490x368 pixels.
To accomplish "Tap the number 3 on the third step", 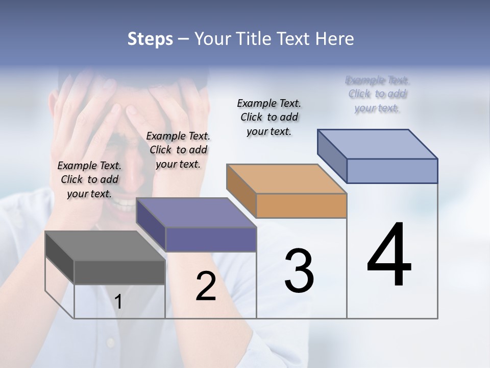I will click(299, 271).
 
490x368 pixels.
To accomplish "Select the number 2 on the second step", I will click(206, 286).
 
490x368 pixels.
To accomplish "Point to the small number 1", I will click(118, 302).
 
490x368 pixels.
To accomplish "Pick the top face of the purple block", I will click(196, 213).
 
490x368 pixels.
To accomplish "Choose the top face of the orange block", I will click(286, 179).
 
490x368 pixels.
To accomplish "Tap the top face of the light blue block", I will click(378, 144).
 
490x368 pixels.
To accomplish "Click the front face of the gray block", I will click(119, 272).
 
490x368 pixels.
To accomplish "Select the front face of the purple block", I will click(211, 239).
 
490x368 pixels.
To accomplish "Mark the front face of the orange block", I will click(301, 205).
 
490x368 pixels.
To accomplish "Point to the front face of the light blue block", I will click(392, 171).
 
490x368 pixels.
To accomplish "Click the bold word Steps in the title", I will click(150, 39).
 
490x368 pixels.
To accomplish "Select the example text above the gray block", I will click(89, 179).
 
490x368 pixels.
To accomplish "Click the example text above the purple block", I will click(178, 150).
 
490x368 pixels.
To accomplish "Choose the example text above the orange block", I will click(269, 117).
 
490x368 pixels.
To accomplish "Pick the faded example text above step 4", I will click(377, 94).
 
